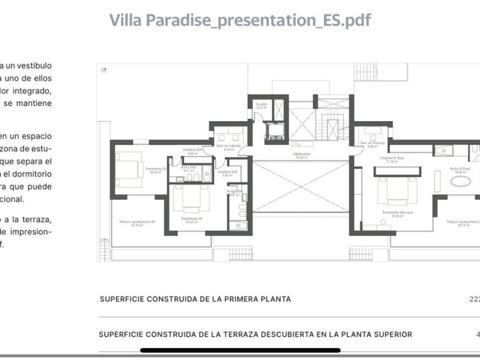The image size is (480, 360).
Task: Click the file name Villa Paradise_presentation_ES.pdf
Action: point(240,20)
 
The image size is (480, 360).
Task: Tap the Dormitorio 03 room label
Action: point(155,170)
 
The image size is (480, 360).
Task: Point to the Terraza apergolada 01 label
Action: point(137,222)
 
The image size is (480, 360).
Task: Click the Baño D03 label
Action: point(190,168)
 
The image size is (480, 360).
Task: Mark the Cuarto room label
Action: point(262,104)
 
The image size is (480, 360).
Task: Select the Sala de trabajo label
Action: point(372,143)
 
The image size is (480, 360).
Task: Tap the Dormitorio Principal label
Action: point(398,213)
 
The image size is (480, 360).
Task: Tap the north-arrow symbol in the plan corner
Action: point(104,70)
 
